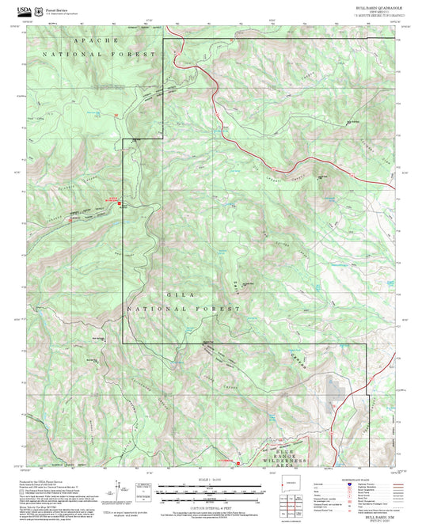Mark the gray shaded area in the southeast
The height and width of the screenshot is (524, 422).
tap(336, 388)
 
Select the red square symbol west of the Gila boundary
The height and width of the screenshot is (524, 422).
tap(120, 205)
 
